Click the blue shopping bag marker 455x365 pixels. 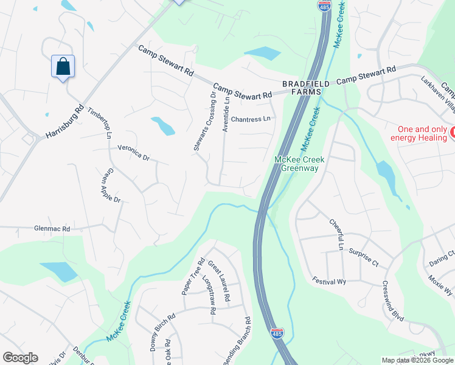[x=63, y=66]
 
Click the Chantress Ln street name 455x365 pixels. [x=250, y=119]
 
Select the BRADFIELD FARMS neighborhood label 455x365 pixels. [x=305, y=88]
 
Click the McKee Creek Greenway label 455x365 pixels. [x=300, y=164]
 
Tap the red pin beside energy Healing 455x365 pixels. [x=452, y=131]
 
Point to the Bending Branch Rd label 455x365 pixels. [x=237, y=341]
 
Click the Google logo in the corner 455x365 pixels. [x=20, y=358]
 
